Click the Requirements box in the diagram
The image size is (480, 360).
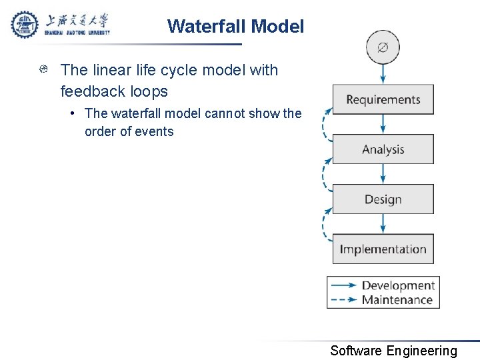[383, 99]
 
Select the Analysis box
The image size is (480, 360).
[383, 149]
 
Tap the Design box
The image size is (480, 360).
[383, 199]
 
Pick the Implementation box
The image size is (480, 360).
[383, 249]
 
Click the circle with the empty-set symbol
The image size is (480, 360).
[383, 48]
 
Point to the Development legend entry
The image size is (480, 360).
[383, 286]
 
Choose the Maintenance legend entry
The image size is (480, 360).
[383, 300]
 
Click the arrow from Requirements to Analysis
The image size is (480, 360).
[383, 124]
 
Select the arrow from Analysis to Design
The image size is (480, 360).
[383, 174]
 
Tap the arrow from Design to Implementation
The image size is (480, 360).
[383, 224]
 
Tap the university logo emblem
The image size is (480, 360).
[25, 25]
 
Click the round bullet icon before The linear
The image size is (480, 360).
[43, 70]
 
